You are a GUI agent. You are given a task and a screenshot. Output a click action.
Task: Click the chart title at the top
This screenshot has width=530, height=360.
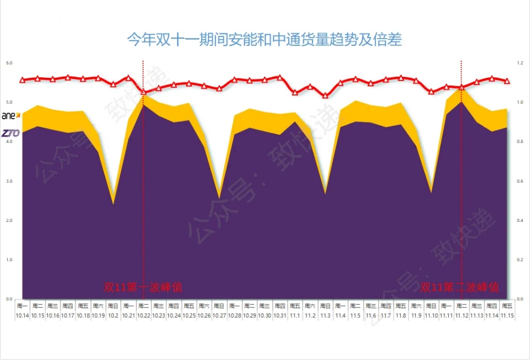264,40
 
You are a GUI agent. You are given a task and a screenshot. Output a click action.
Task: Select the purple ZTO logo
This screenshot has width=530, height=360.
10,133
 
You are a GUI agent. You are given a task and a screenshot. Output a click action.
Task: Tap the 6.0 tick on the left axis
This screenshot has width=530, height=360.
9,63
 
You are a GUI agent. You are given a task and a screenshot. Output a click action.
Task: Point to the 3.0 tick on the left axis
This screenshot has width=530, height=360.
9,181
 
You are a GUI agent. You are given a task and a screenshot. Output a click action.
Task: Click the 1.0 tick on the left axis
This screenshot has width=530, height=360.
9,260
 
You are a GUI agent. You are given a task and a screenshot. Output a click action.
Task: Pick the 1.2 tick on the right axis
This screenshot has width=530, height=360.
519,63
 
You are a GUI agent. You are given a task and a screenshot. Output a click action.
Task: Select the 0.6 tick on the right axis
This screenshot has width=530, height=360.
519,181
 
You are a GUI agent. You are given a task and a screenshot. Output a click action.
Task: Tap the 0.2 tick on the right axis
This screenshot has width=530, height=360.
519,260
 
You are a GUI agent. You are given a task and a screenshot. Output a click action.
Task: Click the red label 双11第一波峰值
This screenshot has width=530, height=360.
142,287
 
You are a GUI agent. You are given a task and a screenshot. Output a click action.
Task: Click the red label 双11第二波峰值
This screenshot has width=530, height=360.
460,287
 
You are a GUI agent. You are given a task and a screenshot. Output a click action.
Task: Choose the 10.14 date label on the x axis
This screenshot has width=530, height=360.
23,315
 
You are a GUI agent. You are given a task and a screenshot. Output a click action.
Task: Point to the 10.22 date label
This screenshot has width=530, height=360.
144,315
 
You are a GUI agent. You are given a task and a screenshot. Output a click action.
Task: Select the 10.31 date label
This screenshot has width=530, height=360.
279,315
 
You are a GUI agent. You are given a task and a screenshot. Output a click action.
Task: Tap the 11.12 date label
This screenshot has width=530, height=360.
462,315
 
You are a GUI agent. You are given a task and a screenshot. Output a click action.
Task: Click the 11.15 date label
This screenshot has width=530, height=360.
507,315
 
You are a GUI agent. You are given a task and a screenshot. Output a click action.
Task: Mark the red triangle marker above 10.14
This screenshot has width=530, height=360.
23,80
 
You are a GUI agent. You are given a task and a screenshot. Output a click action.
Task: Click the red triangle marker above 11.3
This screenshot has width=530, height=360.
325,96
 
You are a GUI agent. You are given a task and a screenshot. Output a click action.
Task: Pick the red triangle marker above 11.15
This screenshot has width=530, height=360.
507,81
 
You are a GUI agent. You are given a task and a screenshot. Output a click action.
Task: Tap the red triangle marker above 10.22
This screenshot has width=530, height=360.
144,92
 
